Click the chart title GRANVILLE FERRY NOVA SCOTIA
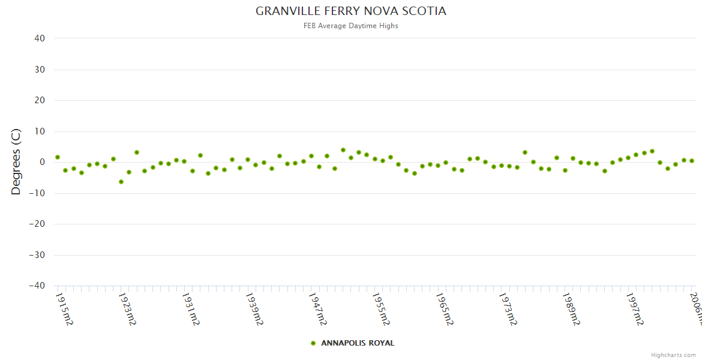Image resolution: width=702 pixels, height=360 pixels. (x=351, y=11)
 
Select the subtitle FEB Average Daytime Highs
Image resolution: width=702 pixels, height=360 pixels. (x=351, y=26)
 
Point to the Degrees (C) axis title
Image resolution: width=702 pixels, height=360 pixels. (x=16, y=162)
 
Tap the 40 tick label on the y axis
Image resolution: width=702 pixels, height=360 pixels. (x=40, y=38)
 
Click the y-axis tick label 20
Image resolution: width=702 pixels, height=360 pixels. (x=40, y=100)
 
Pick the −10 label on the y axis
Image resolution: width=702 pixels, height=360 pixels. (x=37, y=193)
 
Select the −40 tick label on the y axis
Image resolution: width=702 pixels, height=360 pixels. (x=37, y=286)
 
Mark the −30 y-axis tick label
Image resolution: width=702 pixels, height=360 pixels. (x=37, y=255)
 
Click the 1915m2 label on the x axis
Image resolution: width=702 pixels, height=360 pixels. (x=64, y=309)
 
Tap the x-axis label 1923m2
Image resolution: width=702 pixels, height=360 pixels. (x=127, y=309)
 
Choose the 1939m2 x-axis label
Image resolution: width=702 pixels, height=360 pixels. (x=254, y=309)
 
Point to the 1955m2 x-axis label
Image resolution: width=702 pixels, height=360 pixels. (x=381, y=309)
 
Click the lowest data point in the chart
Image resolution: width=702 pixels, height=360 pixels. (x=121, y=182)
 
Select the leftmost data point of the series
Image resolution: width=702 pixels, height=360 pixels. (x=58, y=157)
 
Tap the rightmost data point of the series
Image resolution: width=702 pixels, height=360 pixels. (x=692, y=161)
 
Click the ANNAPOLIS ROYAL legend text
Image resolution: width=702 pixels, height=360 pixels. (x=358, y=343)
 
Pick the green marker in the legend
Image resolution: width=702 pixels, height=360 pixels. (x=313, y=343)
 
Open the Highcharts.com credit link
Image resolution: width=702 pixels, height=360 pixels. (x=673, y=355)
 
